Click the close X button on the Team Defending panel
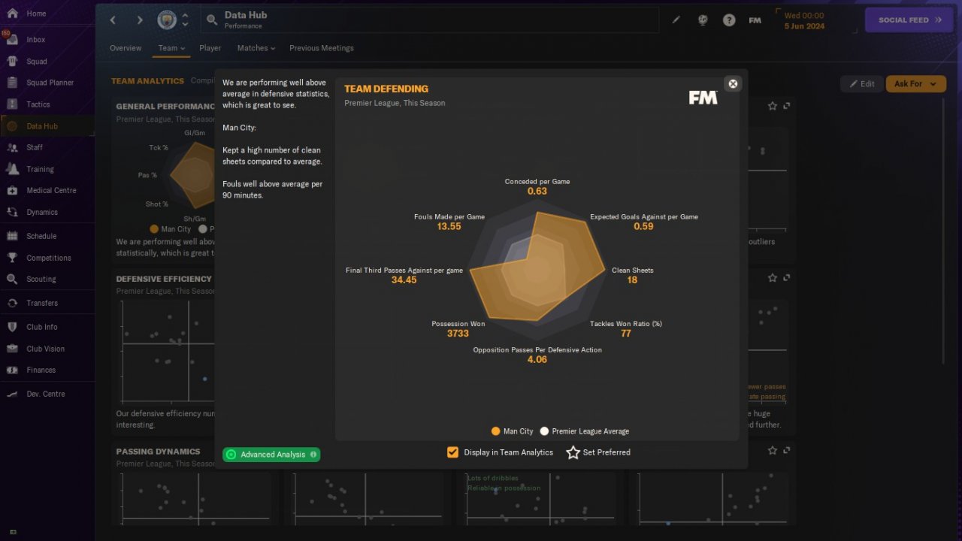(734, 83)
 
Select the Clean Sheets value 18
(632, 280)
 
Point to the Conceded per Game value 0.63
(537, 192)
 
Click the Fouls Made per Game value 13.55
(449, 227)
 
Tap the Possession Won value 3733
(458, 334)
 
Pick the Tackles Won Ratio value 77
(625, 334)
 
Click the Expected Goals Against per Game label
(643, 217)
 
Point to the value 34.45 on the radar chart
(404, 280)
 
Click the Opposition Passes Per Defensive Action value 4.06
(537, 360)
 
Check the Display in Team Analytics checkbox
(452, 452)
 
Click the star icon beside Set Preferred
(573, 452)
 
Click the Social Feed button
(909, 20)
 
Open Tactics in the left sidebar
(38, 104)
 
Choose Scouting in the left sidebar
(41, 279)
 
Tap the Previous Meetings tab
(321, 48)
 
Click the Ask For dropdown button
(915, 84)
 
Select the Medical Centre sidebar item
(51, 191)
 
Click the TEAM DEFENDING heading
(386, 89)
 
